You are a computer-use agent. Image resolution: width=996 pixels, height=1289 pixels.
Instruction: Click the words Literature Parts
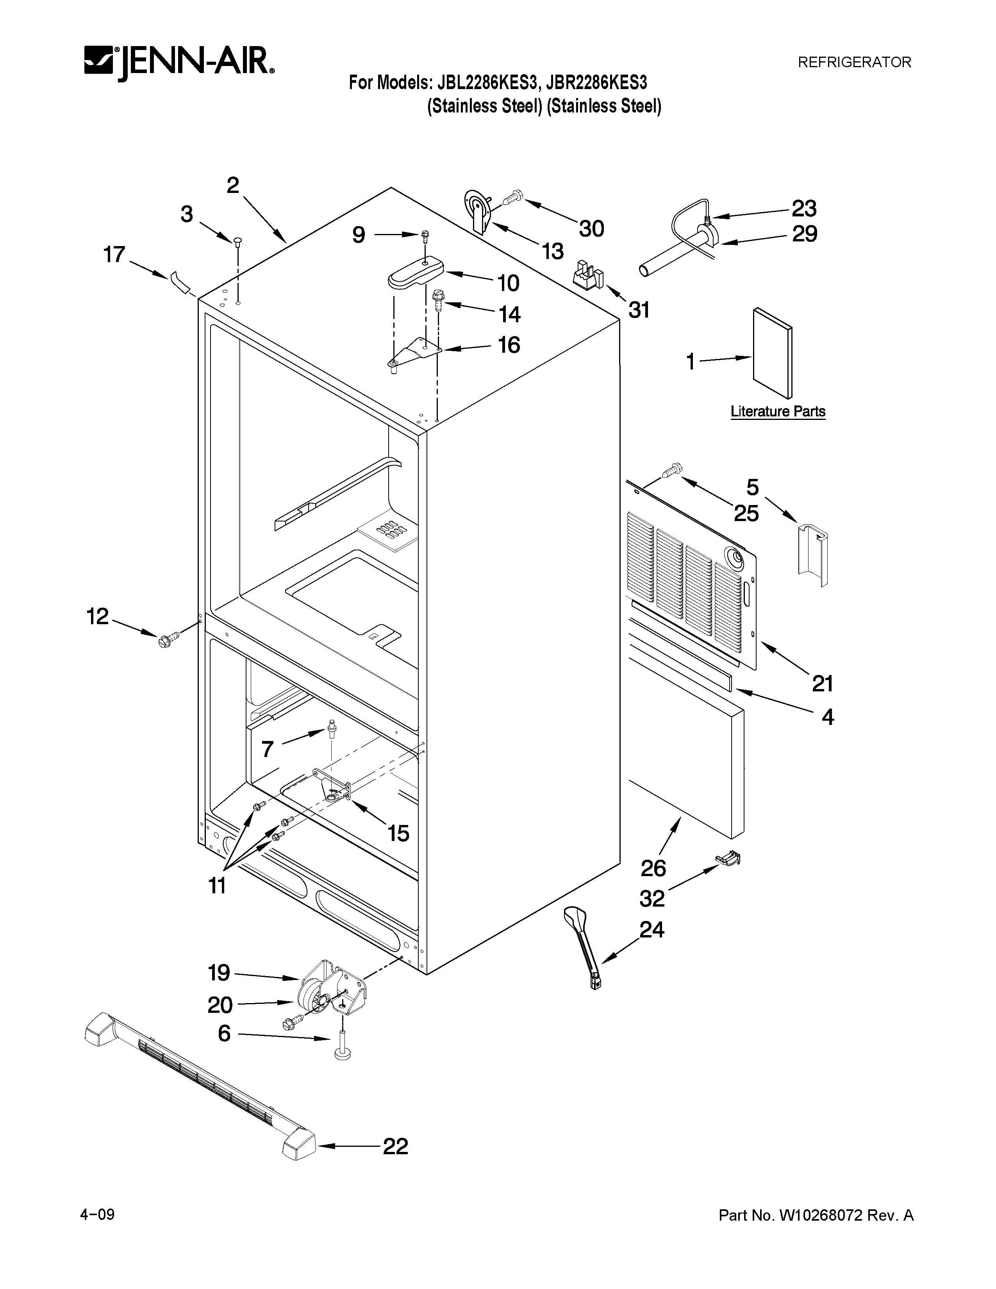click(x=778, y=411)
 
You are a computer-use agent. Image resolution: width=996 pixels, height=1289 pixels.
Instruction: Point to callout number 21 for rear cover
click(x=823, y=684)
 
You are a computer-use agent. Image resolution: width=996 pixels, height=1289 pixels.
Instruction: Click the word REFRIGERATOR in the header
click(x=854, y=62)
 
